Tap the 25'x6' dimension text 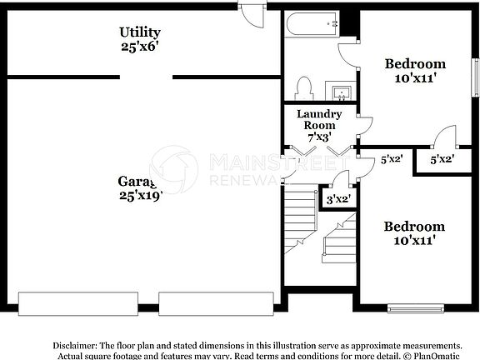coord(138,47)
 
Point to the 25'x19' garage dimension coord(139,196)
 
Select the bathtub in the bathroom coord(312,25)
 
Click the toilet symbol coord(304,87)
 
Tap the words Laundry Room coord(319,119)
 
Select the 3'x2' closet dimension coord(337,199)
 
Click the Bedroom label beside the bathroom coord(414,63)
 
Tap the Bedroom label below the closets coord(413,226)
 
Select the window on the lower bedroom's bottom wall coord(417,308)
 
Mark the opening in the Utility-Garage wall coord(146,77)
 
